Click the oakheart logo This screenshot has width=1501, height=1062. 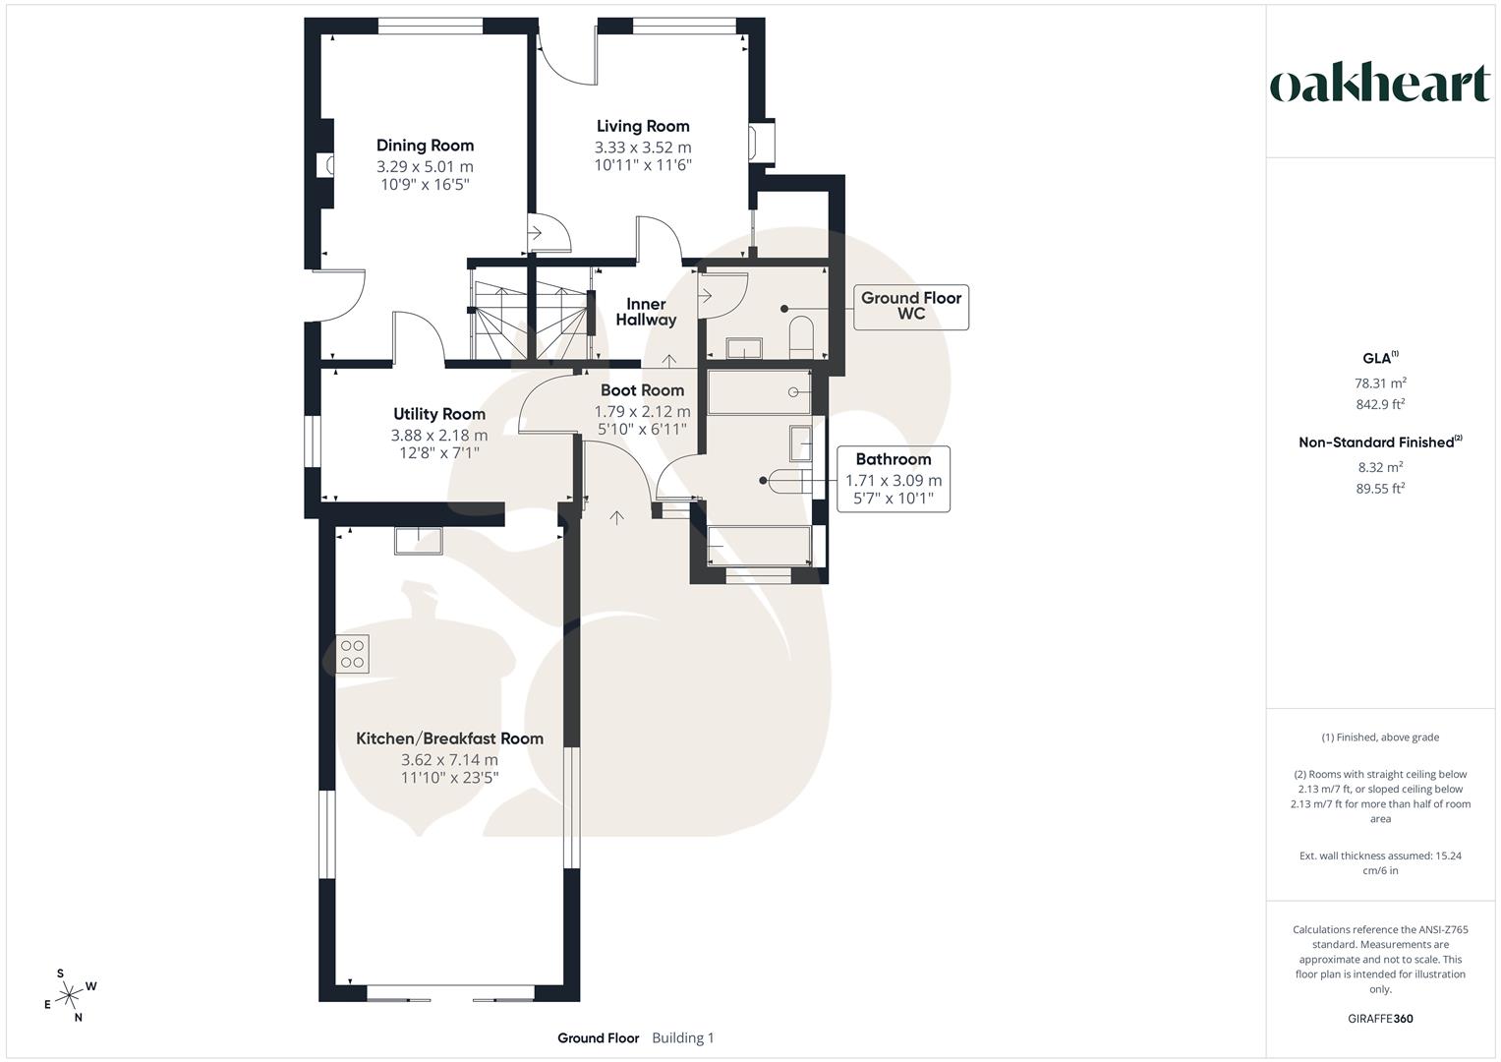[1379, 85]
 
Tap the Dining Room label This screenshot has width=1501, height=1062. [425, 146]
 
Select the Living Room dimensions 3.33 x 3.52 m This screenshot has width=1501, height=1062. [643, 147]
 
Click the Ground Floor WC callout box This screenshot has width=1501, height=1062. [910, 306]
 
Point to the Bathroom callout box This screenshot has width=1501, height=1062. [893, 480]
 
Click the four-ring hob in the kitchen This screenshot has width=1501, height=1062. [353, 654]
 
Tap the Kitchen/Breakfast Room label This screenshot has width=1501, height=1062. [449, 738]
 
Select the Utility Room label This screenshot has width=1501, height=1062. [438, 414]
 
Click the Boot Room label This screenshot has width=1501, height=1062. [642, 390]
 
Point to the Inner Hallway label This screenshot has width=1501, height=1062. [646, 312]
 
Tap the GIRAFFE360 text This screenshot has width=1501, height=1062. [1379, 1019]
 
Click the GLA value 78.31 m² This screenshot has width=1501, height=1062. [1380, 383]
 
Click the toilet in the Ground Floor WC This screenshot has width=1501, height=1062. [801, 335]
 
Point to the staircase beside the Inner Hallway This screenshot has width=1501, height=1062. [531, 320]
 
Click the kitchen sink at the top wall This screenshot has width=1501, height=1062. [419, 539]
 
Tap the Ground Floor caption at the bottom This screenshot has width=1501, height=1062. [598, 1037]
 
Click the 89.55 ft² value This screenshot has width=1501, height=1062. [1380, 488]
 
